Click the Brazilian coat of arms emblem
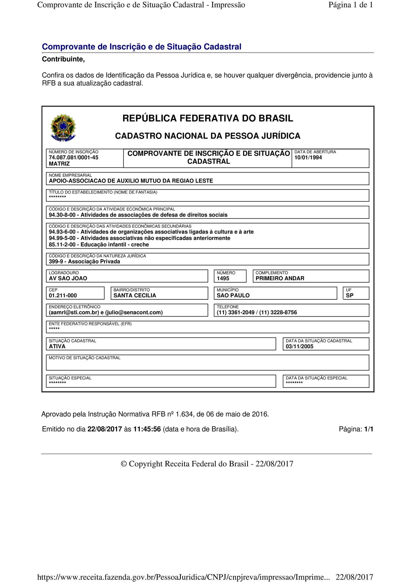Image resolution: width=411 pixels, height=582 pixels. [x=63, y=127]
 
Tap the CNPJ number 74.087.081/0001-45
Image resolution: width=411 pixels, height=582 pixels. [x=73, y=158]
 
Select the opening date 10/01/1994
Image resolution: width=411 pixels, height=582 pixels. [x=308, y=158]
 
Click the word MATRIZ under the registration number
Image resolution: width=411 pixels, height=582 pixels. [x=59, y=164]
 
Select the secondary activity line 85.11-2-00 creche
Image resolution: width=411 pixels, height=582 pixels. [x=99, y=245]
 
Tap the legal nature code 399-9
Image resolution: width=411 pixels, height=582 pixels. [x=56, y=262]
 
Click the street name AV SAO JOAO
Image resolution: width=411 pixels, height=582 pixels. [x=68, y=279]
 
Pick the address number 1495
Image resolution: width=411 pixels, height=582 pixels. [x=223, y=279]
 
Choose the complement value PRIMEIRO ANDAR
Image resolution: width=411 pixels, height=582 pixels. [x=280, y=279]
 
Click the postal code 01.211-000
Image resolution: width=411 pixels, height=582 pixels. [x=63, y=296]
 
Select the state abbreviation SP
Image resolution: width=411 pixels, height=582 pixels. [x=350, y=296]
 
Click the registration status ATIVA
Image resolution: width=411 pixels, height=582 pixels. [x=57, y=347]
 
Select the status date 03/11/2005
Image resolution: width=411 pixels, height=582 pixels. [x=299, y=347]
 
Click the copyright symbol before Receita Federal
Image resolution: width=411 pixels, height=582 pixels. [x=124, y=464]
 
